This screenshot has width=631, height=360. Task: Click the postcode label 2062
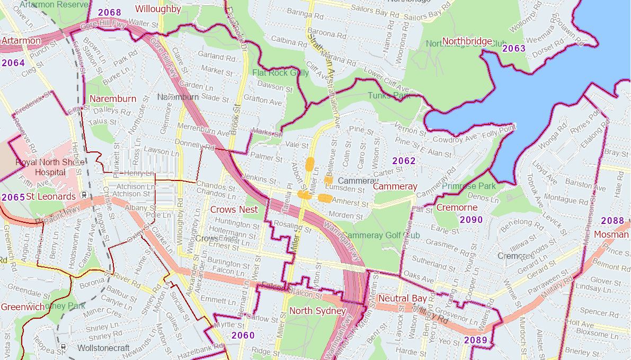tap(404, 161)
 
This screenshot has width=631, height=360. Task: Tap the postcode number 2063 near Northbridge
tap(513, 49)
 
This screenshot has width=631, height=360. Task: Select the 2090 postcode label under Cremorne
tap(471, 220)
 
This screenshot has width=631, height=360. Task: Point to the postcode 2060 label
tap(243, 335)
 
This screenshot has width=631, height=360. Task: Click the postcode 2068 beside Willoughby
tap(110, 12)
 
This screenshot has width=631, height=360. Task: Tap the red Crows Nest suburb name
tap(234, 210)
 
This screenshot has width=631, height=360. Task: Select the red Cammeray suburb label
tap(395, 186)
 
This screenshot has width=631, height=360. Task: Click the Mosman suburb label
tap(611, 234)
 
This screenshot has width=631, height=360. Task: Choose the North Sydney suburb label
tap(317, 311)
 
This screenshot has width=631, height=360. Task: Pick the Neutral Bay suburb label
tap(402, 299)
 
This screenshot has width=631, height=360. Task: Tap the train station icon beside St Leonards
tap(83, 195)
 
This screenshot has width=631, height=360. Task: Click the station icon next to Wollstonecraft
tap(64, 348)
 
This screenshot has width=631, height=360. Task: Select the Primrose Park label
tap(469, 186)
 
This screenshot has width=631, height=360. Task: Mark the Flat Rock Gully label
tap(280, 73)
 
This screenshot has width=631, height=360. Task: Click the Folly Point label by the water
tap(499, 128)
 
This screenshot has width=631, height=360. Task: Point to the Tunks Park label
tap(389, 96)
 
